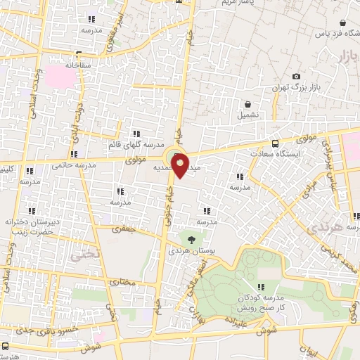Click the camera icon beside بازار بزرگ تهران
(296, 76)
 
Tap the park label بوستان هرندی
(190, 250)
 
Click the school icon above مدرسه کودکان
(261, 286)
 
